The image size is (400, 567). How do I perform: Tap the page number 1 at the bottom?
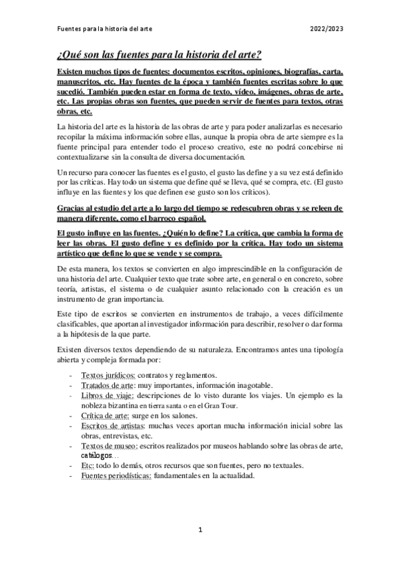pyautogui.click(x=200, y=530)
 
